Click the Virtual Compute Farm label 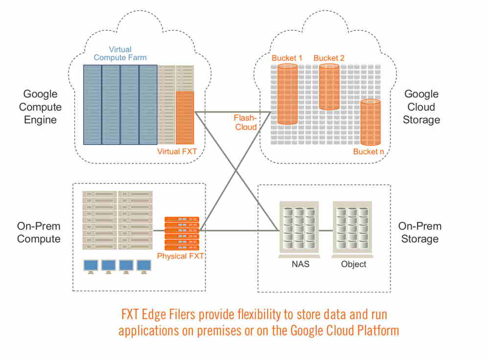[x=120, y=53]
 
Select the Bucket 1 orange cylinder [x=287, y=94]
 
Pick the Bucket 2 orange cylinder [x=329, y=87]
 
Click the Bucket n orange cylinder [x=371, y=122]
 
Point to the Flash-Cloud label [x=245, y=122]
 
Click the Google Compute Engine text [x=40, y=107]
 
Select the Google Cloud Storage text [x=421, y=107]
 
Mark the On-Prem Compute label [x=39, y=233]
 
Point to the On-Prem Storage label [x=419, y=233]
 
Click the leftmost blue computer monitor [x=91, y=266]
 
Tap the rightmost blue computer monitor [x=143, y=266]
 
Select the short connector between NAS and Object [x=326, y=230]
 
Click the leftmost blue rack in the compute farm [x=92, y=105]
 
